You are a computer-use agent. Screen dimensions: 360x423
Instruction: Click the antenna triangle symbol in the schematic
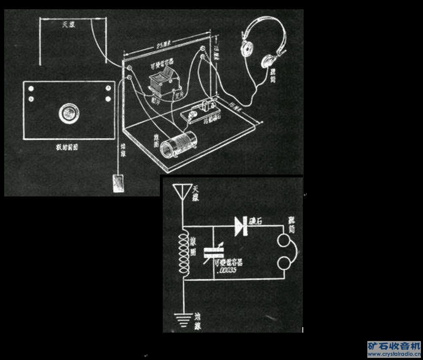183,192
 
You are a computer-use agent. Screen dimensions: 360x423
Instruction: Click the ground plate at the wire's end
119,183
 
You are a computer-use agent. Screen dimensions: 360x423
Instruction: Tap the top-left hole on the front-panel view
32,89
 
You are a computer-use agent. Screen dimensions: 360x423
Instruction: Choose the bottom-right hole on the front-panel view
108,99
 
